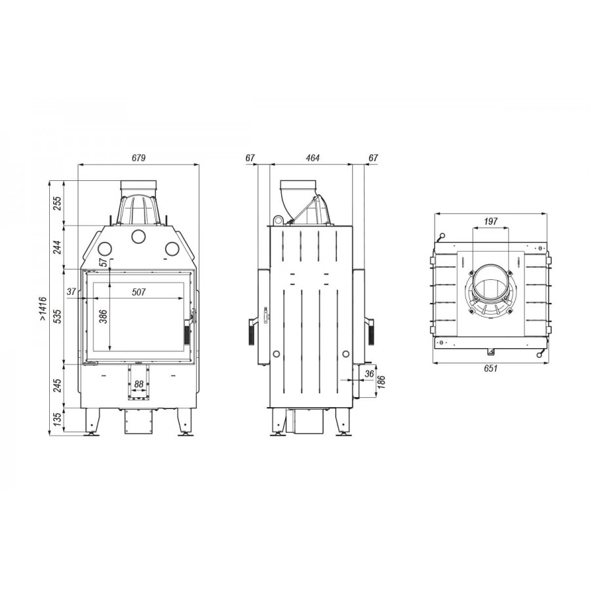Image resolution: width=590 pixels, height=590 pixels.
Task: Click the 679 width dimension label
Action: (138, 157)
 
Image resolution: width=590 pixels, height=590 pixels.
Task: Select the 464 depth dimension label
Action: (312, 157)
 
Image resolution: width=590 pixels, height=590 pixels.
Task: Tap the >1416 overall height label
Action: (43, 309)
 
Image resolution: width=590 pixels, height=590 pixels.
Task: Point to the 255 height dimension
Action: (57, 203)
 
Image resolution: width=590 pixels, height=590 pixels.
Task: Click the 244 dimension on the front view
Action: (57, 247)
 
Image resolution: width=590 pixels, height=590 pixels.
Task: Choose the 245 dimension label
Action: (57, 386)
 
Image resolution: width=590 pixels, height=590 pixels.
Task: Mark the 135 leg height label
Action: (57, 420)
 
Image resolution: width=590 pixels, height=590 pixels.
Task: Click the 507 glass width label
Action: (138, 292)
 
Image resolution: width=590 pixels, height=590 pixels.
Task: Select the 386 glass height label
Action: (104, 316)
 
